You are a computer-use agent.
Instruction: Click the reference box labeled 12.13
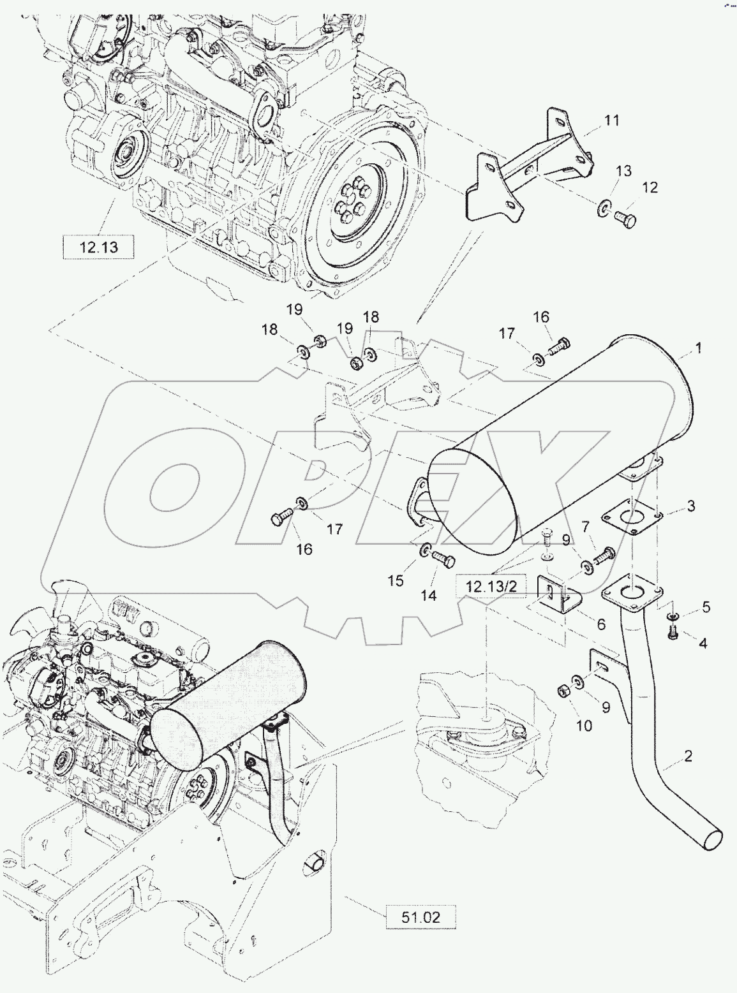tap(99, 247)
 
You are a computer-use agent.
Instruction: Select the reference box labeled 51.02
tap(421, 917)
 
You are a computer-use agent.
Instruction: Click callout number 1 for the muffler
tap(698, 348)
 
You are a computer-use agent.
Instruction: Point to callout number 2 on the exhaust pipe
tap(688, 756)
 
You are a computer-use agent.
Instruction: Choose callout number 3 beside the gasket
tap(690, 506)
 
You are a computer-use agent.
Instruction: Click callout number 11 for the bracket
tap(611, 120)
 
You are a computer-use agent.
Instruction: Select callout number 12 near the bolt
tap(649, 188)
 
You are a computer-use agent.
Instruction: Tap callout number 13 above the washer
tap(623, 171)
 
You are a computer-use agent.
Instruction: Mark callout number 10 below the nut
tap(584, 725)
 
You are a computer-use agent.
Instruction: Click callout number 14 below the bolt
tap(428, 595)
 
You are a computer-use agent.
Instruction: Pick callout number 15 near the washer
tap(396, 580)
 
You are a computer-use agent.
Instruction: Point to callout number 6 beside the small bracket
tap(600, 624)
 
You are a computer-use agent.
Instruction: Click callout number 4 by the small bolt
tap(703, 644)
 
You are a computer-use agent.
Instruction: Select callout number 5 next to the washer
tap(706, 607)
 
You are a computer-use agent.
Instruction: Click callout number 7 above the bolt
tap(585, 526)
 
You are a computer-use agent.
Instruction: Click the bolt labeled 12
tap(625, 221)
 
